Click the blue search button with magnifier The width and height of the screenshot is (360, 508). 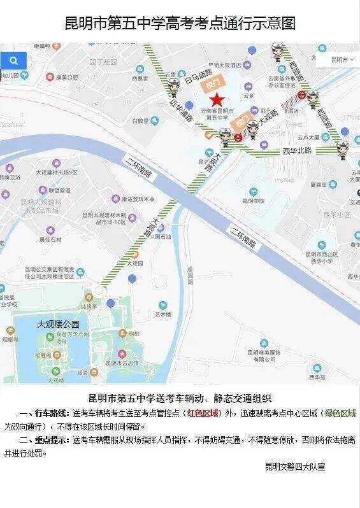pyautogui.click(x=13, y=61)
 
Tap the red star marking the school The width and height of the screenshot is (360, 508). pyautogui.click(x=217, y=99)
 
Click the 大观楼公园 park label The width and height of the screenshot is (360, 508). pyautogui.click(x=57, y=324)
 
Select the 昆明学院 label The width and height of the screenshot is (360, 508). pyautogui.click(x=253, y=200)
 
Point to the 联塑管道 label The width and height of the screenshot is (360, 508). pyautogui.click(x=57, y=190)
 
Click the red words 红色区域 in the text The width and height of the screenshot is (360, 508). pyautogui.click(x=203, y=413)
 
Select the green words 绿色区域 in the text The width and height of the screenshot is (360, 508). pyautogui.click(x=338, y=413)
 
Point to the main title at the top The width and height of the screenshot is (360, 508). pyautogui.click(x=180, y=24)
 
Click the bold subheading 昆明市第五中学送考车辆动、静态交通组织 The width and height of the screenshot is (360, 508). pyautogui.click(x=180, y=399)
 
